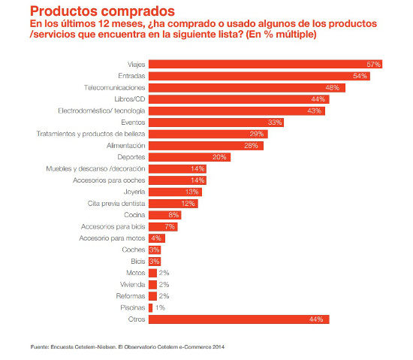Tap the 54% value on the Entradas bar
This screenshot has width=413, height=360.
point(361,76)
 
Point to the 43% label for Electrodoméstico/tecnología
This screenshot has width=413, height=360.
point(315,110)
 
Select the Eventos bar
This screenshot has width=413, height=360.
point(216,122)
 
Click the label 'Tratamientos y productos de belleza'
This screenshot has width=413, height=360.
point(91,134)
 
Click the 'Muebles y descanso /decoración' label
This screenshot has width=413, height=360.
point(97,168)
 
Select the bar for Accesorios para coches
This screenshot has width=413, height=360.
point(177,180)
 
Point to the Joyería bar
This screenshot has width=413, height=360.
point(175,192)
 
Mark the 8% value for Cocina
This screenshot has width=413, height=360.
point(174,215)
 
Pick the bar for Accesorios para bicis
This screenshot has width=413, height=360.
point(163,226)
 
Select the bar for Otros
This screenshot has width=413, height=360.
point(239,319)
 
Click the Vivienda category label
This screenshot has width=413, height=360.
point(131,285)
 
